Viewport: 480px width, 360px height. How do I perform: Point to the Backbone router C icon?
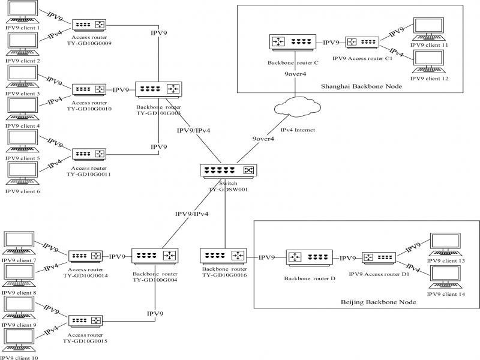click(x=292, y=43)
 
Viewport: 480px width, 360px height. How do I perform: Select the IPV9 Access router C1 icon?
click(x=362, y=43)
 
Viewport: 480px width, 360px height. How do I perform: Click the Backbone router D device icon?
click(x=308, y=258)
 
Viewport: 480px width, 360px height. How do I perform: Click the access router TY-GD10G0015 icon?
click(x=86, y=321)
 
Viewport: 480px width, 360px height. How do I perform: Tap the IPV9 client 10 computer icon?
click(x=20, y=340)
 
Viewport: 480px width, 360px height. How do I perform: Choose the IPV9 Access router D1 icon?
click(x=378, y=258)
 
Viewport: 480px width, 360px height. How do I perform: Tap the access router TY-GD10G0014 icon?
click(x=86, y=256)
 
